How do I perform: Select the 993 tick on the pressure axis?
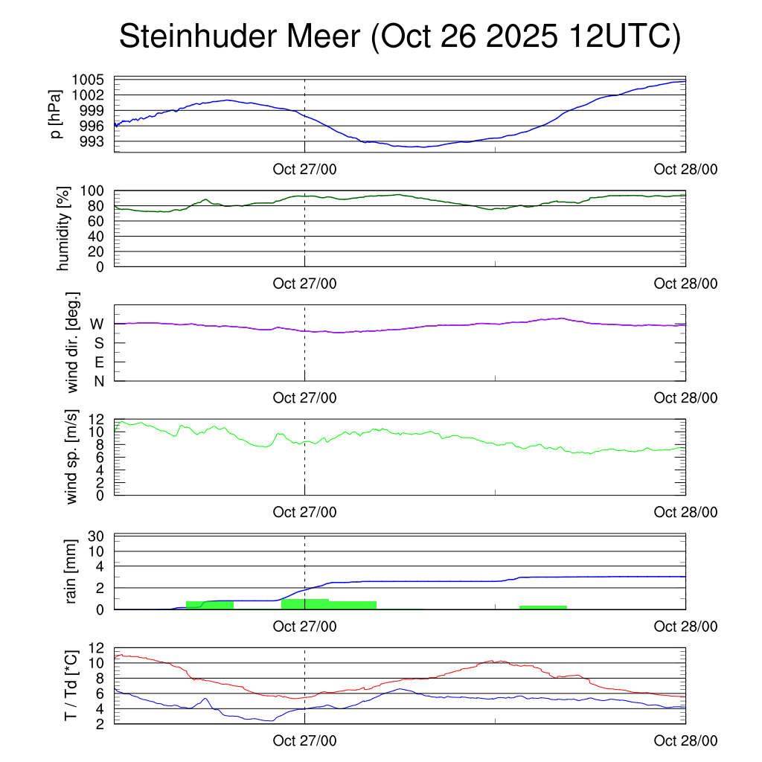pyautogui.click(x=92, y=141)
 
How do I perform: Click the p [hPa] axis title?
pyautogui.click(x=57, y=115)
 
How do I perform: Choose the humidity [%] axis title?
pyautogui.click(x=64, y=228)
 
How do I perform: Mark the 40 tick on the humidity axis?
pyautogui.click(x=95, y=237)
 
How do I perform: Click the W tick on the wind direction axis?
pyautogui.click(x=97, y=324)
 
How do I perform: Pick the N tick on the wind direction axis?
pyautogui.click(x=98, y=381)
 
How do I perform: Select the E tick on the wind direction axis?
pyautogui.click(x=98, y=362)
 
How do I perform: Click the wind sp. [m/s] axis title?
pyautogui.click(x=71, y=456)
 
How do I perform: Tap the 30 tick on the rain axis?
pyautogui.click(x=95, y=537)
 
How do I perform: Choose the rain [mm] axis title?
pyautogui.click(x=71, y=571)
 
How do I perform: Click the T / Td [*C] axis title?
pyautogui.click(x=71, y=685)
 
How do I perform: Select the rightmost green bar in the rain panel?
pyautogui.click(x=543, y=607)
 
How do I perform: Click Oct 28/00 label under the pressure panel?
pyautogui.click(x=685, y=169)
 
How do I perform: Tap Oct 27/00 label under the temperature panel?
pyautogui.click(x=304, y=740)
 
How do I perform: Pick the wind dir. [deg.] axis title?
pyautogui.click(x=73, y=343)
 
